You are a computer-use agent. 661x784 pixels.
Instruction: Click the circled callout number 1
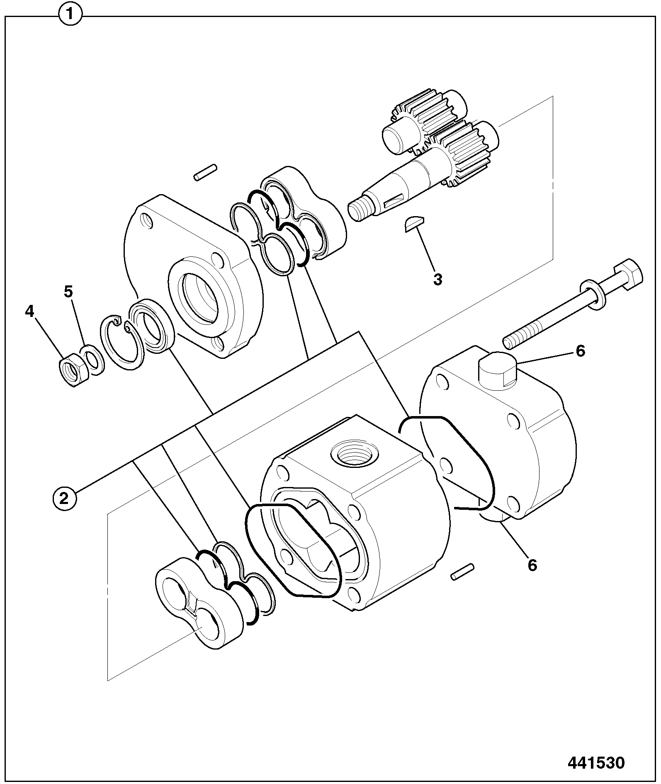click(x=70, y=15)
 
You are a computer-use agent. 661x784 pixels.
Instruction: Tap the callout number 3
click(x=438, y=280)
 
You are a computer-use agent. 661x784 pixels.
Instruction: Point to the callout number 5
click(x=68, y=292)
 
